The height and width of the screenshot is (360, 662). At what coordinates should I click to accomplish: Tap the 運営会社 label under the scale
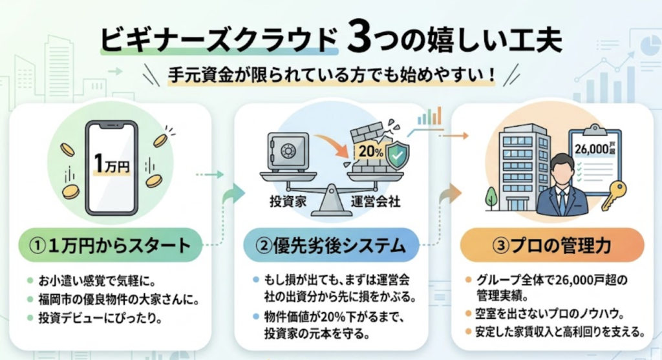coord(374,202)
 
